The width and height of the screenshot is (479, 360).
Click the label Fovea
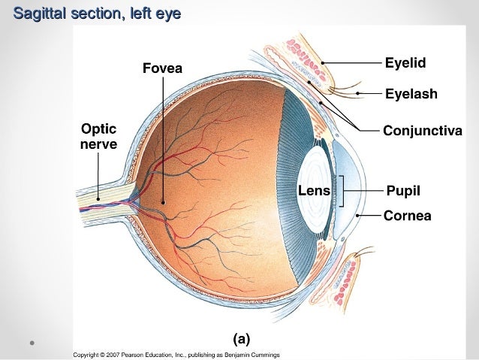tap(162, 70)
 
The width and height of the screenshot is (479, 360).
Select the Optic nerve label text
tap(98, 135)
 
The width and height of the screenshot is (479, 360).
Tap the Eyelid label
tap(405, 63)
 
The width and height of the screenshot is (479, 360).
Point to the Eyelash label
tap(411, 95)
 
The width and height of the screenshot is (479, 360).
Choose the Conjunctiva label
tap(422, 131)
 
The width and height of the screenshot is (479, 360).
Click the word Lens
tap(314, 191)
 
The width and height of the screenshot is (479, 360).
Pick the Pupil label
tap(402, 191)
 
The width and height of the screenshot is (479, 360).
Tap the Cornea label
tap(407, 216)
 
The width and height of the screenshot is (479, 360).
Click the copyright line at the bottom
tap(176, 354)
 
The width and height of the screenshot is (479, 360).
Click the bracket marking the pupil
tap(342, 191)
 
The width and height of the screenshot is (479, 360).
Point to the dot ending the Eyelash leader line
tap(358, 94)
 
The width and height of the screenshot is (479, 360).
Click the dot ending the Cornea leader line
tap(358, 216)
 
